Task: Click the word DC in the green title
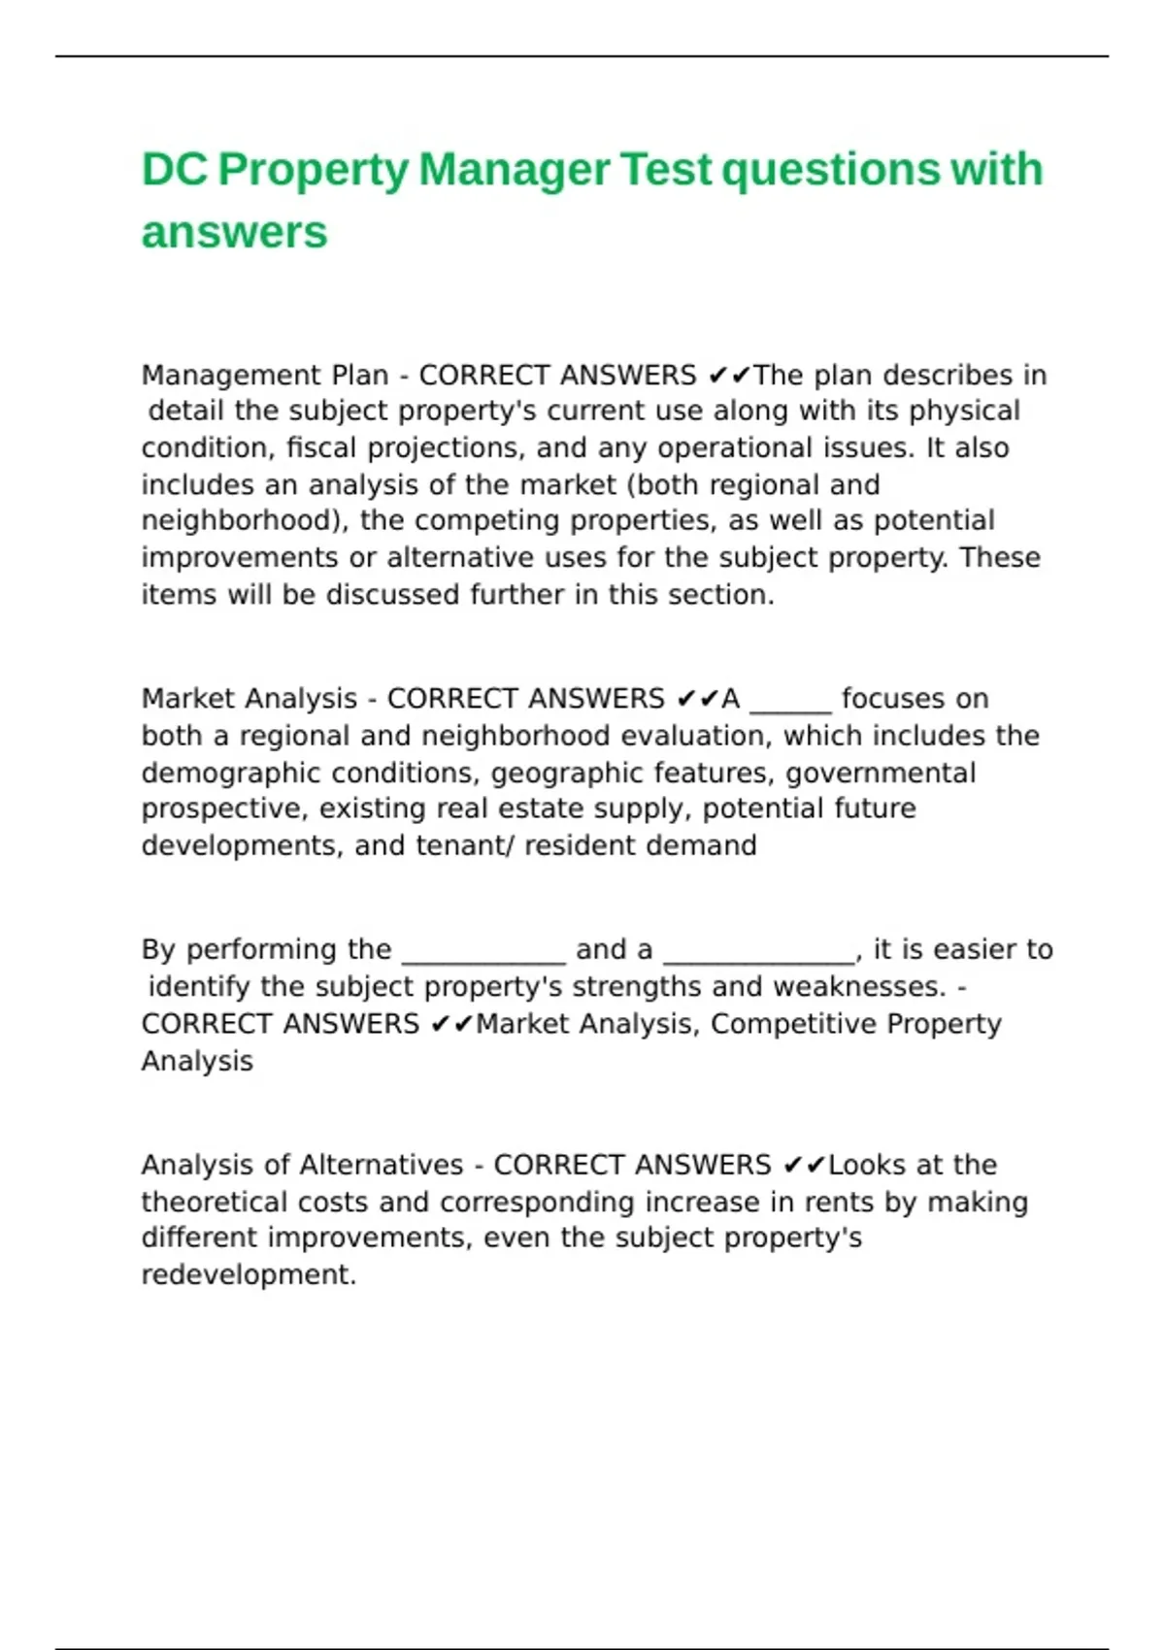175,170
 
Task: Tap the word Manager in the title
514,170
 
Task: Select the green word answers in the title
234,233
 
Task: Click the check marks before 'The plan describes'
729,375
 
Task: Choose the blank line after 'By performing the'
483,951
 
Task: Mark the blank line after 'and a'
758,951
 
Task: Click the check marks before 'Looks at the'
804,1165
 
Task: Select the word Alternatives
381,1165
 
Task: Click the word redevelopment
249,1274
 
